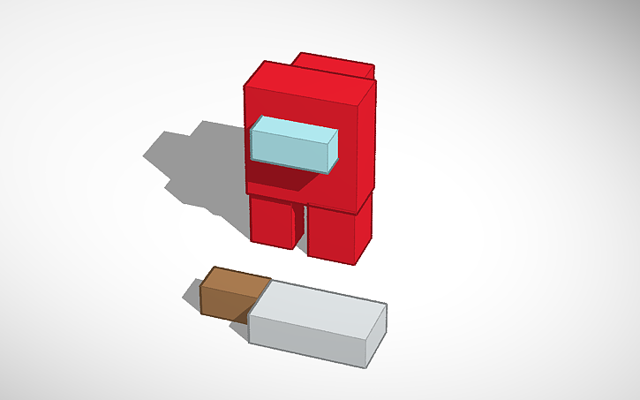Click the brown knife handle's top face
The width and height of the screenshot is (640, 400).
(235, 281)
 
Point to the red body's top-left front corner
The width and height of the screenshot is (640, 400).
(246, 87)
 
